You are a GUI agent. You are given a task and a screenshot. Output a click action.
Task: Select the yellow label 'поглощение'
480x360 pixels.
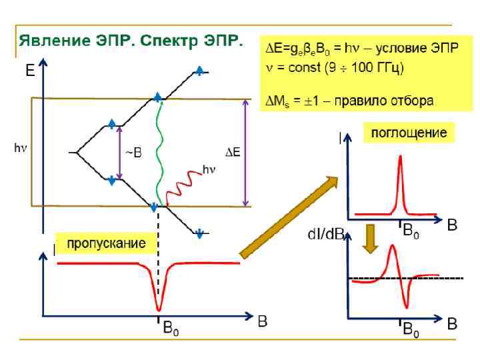click(x=409, y=133)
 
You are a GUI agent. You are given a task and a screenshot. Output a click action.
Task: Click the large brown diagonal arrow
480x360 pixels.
click(x=288, y=217)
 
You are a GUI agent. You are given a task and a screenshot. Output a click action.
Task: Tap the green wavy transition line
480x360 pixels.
click(x=159, y=153)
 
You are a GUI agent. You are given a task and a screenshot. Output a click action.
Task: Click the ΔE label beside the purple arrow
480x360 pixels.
click(x=231, y=153)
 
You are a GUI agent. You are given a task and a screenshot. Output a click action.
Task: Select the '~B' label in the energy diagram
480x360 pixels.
click(x=133, y=153)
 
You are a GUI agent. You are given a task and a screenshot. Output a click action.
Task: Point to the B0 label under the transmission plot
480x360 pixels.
click(x=172, y=329)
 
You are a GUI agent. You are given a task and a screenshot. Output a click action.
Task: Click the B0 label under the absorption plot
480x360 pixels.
click(x=411, y=231)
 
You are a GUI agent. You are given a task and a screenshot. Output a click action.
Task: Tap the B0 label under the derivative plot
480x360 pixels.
click(x=411, y=329)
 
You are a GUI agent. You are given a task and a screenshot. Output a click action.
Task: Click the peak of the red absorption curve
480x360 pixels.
click(x=400, y=157)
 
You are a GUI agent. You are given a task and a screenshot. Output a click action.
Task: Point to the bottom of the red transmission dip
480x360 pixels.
click(x=158, y=309)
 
